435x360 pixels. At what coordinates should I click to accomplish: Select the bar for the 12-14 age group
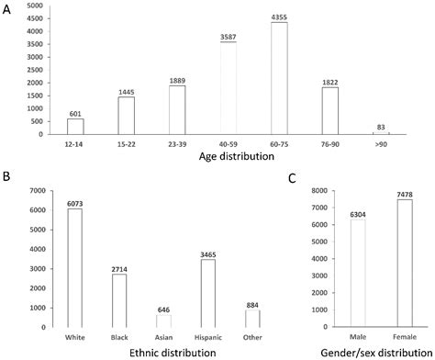tap(74, 127)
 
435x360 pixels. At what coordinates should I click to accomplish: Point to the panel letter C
tap(292, 177)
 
